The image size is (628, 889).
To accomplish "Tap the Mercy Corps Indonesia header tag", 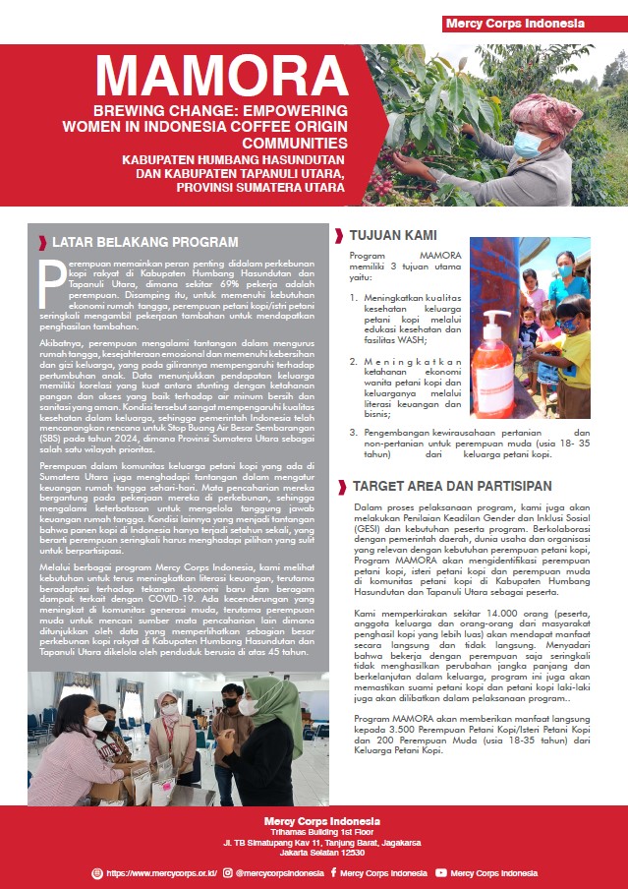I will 514,23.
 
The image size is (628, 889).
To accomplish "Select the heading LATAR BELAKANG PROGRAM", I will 144,242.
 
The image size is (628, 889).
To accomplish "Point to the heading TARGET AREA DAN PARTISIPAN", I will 451,486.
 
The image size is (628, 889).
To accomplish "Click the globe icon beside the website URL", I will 96,872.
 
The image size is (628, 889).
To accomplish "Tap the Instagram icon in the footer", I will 227,872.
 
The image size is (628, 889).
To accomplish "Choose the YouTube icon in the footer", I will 441,872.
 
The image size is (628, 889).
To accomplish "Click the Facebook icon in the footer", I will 334,872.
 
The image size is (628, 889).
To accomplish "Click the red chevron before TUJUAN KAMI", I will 339,236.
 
